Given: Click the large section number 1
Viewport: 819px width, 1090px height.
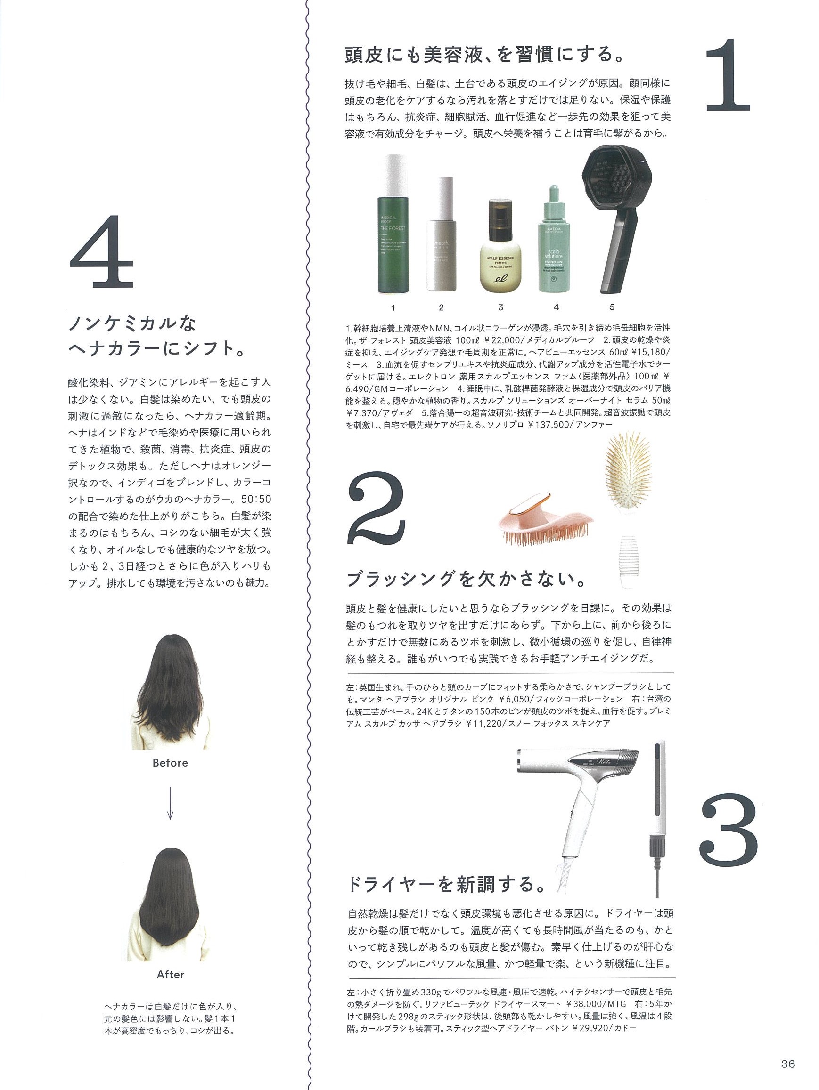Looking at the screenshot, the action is point(727,75).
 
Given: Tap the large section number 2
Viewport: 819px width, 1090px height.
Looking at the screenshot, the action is point(377,507).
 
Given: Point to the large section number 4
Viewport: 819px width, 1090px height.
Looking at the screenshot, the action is point(102,251).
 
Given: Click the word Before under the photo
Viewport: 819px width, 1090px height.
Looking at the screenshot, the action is point(170,763).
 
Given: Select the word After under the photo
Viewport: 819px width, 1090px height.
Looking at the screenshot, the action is point(171,974).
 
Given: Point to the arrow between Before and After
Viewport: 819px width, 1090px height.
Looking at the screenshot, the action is point(170,803).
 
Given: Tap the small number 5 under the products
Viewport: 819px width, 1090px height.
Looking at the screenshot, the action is point(612,307).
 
